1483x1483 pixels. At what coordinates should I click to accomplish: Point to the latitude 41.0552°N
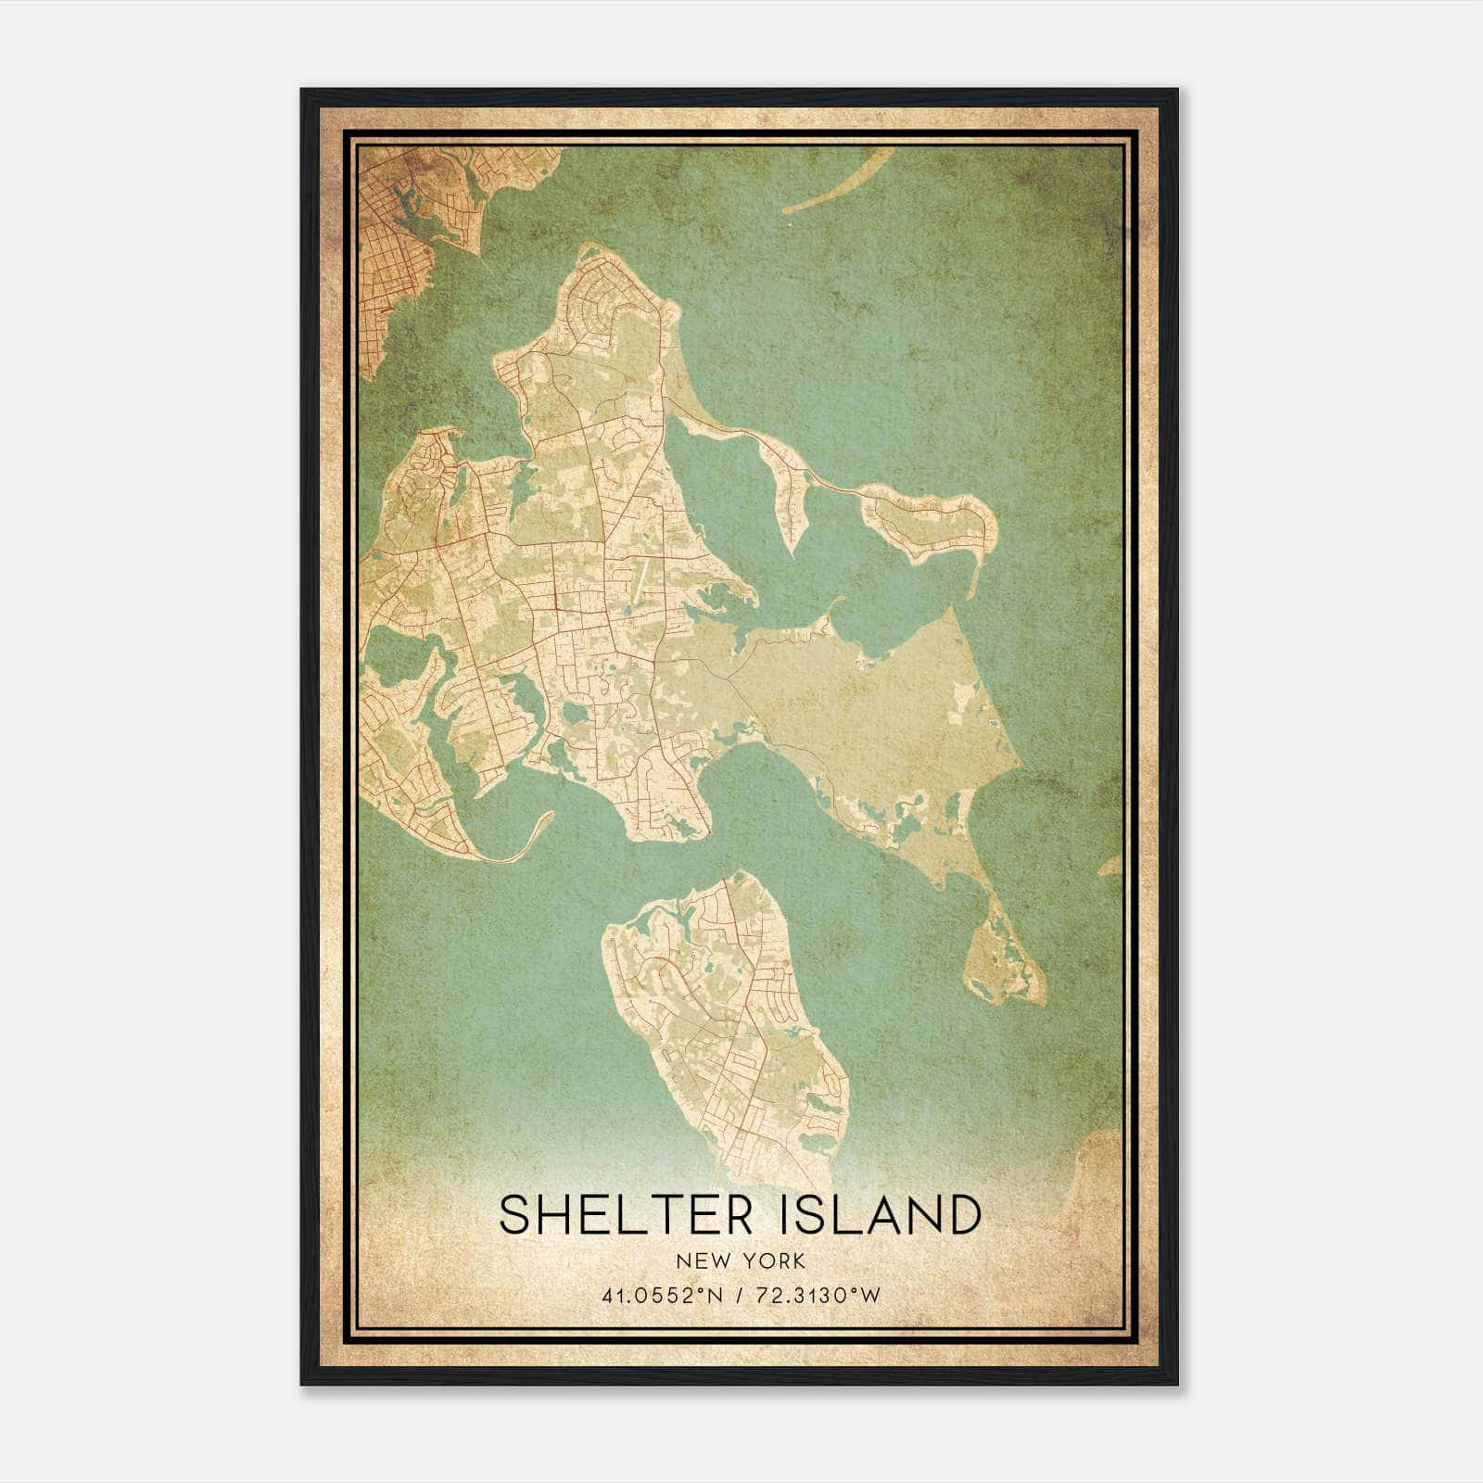click(657, 1296)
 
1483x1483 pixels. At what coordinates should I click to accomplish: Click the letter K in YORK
click(799, 1261)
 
